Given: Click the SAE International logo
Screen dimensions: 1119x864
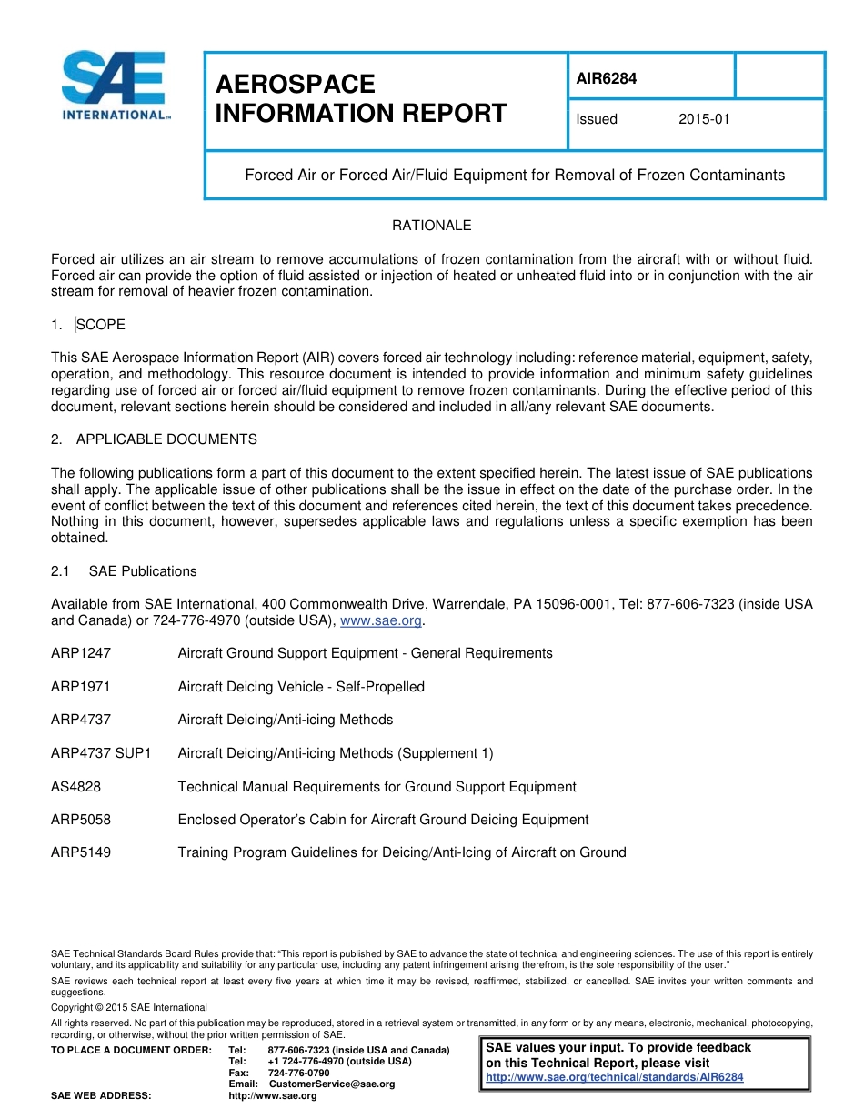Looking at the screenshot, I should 113,86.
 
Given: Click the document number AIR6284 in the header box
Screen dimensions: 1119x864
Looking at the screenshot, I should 607,78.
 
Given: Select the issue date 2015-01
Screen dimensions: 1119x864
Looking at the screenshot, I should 704,119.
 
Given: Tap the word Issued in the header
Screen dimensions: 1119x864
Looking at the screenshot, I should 597,119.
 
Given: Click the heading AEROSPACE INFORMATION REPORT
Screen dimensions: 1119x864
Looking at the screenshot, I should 360,99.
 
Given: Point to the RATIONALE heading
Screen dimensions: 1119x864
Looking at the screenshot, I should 431,225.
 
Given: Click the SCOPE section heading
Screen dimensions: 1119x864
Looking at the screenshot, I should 101,325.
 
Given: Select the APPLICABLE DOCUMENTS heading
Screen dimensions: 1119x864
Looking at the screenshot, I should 166,439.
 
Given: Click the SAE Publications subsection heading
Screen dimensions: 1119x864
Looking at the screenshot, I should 143,571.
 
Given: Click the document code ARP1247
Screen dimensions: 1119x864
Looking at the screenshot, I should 81,653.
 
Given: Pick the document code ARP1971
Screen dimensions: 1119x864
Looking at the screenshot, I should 81,687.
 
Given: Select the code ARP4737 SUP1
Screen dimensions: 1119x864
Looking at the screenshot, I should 101,753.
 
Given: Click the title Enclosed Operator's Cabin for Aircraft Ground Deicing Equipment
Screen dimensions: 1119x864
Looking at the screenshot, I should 383,820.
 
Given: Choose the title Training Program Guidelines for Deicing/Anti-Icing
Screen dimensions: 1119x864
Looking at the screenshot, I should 402,852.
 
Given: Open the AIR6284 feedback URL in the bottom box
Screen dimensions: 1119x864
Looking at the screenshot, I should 615,1077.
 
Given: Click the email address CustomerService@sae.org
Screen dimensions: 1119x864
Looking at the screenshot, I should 332,1084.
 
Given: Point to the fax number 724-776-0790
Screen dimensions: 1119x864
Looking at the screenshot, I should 299,1073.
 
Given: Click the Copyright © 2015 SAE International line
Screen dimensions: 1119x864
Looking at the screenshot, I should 129,1007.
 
